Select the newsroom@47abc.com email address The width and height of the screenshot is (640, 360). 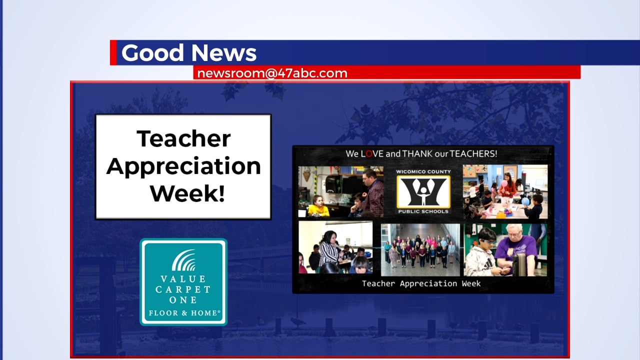[x=272, y=73]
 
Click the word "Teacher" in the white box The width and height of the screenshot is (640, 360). [x=183, y=138]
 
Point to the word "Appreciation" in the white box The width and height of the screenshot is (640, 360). [x=183, y=166]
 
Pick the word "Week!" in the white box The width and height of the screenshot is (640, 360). [x=187, y=193]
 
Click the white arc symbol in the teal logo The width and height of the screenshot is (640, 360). [x=183, y=260]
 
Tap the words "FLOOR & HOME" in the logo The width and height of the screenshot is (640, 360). [x=183, y=313]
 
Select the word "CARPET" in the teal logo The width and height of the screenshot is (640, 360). [x=183, y=289]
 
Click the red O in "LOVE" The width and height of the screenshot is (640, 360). [x=369, y=154]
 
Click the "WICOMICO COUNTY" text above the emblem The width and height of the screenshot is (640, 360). [x=423, y=171]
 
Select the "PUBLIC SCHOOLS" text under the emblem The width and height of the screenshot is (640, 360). [x=423, y=211]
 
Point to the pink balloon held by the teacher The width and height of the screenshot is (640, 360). [x=504, y=184]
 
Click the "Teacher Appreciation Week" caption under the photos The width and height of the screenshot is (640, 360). [x=421, y=283]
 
